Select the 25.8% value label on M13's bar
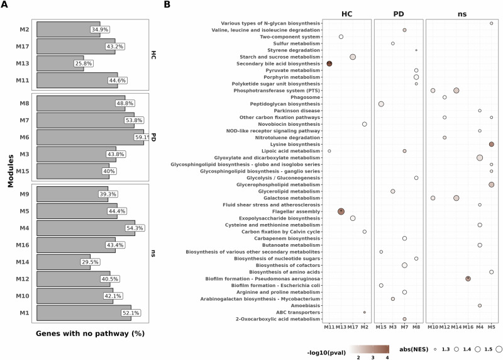pos(101,64)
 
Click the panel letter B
pos(167,5)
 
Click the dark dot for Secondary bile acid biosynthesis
pos(329,64)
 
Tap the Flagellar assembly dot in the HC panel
pos(341,211)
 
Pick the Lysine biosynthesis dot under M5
pos(491,144)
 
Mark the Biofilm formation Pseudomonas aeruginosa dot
pos(468,278)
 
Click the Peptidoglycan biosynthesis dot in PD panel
pos(381,104)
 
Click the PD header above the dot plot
pos(399,14)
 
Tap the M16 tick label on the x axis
pos(468,329)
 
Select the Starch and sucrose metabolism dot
pos(353,57)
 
